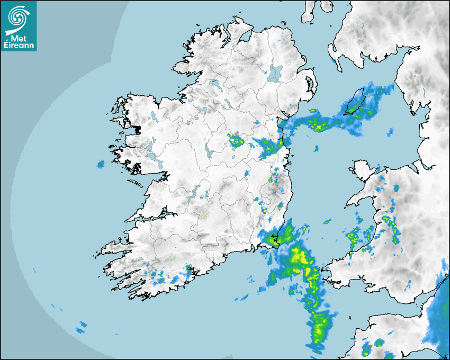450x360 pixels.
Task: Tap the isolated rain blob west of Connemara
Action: pyautogui.click(x=101, y=164)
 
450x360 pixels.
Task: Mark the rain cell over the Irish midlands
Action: pyautogui.click(x=236, y=141)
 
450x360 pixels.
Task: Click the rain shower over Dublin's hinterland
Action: pyautogui.click(x=271, y=147)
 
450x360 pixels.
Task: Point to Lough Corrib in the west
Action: pyautogui.click(x=150, y=146)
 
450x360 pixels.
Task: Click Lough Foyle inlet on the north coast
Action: pyautogui.click(x=245, y=37)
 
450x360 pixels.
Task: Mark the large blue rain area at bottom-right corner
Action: pyautogui.click(x=438, y=318)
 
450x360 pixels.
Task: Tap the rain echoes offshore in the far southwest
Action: pyautogui.click(x=82, y=326)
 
